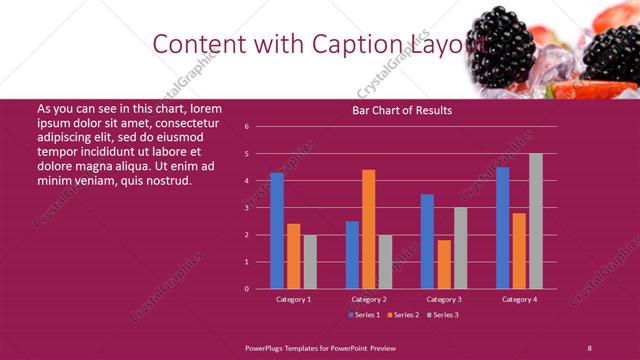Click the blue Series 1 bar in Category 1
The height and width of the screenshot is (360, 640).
point(277,231)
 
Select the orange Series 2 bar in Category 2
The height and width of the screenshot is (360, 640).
point(368,229)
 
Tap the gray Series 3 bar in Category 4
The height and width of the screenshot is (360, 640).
point(535,221)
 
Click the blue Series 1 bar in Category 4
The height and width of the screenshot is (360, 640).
point(502,228)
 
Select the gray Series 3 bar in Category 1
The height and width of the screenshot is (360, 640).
point(310,262)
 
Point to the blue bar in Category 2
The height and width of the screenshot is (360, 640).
point(352,255)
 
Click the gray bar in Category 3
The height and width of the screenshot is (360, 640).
point(460,248)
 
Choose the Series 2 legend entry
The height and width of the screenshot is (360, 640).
point(403,315)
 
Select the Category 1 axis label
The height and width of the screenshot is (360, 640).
point(293,299)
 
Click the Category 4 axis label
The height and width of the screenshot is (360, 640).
point(518,299)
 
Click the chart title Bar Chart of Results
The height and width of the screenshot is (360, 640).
point(402,110)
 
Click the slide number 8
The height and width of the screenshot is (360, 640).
point(589,347)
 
